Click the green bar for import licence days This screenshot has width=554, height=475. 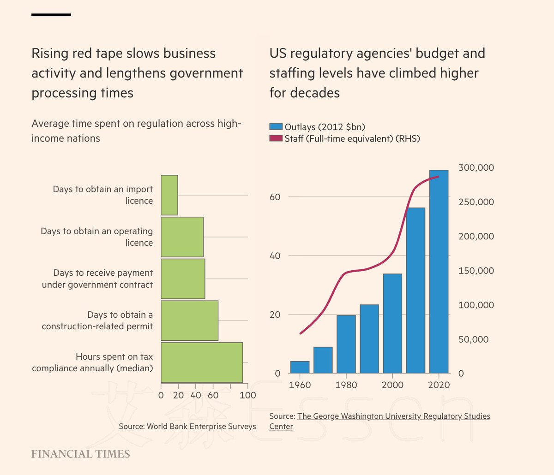pyautogui.click(x=169, y=195)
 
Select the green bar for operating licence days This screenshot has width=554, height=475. pyautogui.click(x=182, y=237)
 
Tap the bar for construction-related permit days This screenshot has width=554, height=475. pyautogui.click(x=189, y=321)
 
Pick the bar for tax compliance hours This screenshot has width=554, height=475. pyautogui.click(x=202, y=362)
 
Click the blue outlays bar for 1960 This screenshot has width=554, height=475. pyautogui.click(x=300, y=367)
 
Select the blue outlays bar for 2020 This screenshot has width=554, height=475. pyautogui.click(x=439, y=272)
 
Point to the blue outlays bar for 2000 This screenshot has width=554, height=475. pyautogui.click(x=392, y=323)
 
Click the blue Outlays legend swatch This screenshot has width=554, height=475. pyautogui.click(x=276, y=127)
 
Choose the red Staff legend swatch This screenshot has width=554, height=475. pyautogui.click(x=276, y=138)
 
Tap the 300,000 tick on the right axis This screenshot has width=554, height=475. pyautogui.click(x=476, y=168)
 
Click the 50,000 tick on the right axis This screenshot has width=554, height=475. pyautogui.click(x=474, y=339)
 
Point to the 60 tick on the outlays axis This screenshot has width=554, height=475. pyautogui.click(x=275, y=197)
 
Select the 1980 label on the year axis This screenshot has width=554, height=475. pyautogui.click(x=346, y=385)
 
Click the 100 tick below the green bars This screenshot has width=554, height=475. pyautogui.click(x=248, y=395)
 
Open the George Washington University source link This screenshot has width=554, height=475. pyautogui.click(x=393, y=416)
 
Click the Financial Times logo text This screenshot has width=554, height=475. pyautogui.click(x=81, y=454)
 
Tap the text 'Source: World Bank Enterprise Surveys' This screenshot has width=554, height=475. pyautogui.click(x=187, y=427)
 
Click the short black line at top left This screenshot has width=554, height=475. pyautogui.click(x=51, y=15)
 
